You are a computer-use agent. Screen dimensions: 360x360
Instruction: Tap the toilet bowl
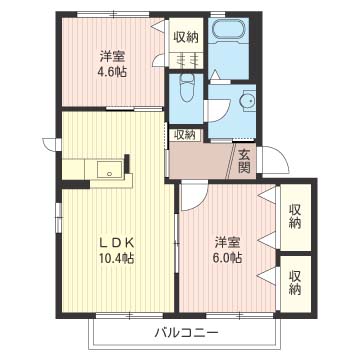coord(186,87)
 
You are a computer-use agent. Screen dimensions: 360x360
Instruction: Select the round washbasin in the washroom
coord(248,100)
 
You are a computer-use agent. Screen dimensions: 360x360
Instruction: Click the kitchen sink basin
coord(109,169)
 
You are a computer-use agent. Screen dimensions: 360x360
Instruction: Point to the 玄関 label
coord(244,161)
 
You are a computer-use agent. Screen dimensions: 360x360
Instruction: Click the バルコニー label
coord(186,332)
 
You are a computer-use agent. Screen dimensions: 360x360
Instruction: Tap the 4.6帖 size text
coord(112,72)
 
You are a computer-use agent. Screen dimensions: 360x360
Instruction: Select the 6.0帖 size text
coord(228,257)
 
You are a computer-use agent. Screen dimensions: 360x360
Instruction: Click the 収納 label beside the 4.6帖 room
coord(185,38)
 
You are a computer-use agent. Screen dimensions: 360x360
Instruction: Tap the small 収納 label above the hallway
coord(185,135)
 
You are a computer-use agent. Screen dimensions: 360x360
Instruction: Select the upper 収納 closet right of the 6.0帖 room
coord(295,217)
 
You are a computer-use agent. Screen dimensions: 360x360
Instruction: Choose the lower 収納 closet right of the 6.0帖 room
coord(295,283)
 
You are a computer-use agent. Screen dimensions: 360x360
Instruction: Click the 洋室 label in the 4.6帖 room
coord(113,57)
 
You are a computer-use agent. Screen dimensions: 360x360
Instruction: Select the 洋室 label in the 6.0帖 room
coord(228,242)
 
